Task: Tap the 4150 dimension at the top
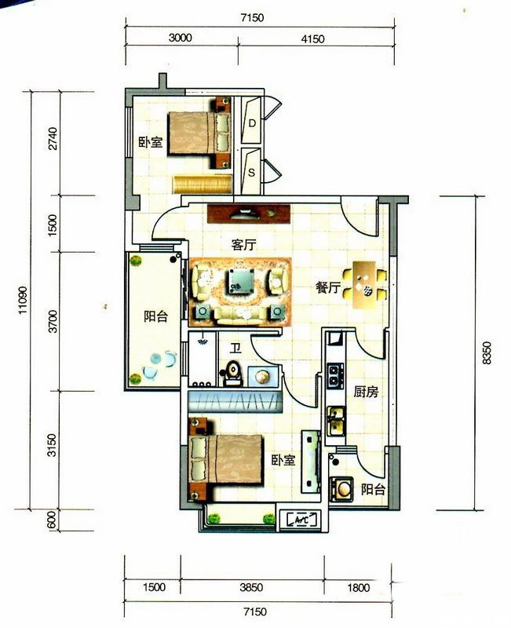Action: pos(312,39)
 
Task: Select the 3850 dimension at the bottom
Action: pos(251,587)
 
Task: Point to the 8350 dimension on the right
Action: pos(487,352)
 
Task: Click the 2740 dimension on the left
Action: pos(53,139)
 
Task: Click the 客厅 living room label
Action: pos(243,245)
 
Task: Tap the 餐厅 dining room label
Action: pos(328,287)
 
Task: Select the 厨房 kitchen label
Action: pos(366,391)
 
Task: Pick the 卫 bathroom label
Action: pos(235,349)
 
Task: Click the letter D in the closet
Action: pos(252,123)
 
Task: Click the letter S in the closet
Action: pos(251,173)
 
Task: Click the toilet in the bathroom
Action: pos(232,373)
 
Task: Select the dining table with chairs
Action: pos(364,285)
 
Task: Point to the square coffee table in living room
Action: pos(242,281)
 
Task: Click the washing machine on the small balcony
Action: pos(341,489)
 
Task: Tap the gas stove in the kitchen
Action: pos(335,376)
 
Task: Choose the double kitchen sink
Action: pos(336,422)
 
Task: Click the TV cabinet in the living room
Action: pos(249,214)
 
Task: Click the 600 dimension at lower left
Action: pos(51,520)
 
